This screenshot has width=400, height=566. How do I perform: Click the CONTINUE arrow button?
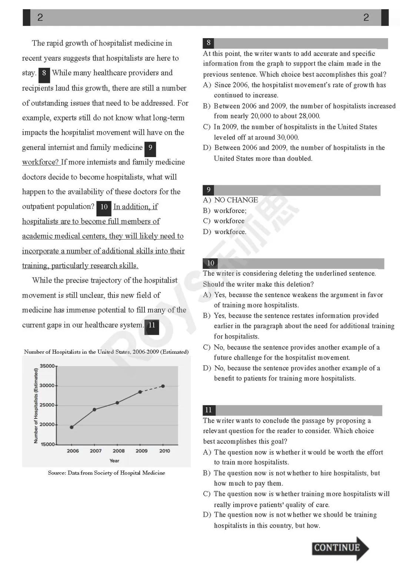340,548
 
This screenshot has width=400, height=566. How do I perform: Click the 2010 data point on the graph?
163,386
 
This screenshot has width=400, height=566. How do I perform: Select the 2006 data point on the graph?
71,427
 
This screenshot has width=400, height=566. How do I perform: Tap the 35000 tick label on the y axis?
47,366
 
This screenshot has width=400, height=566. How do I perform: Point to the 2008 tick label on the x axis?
119,451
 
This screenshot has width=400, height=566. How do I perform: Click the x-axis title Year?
114,461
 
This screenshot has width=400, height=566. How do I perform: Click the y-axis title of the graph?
36,406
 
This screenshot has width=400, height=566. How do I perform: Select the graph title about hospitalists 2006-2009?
106,352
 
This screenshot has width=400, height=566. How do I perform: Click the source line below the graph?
106,473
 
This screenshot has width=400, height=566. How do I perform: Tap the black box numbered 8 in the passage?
44,73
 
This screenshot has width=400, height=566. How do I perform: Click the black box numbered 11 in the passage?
151,326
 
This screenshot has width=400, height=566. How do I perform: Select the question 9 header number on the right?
209,190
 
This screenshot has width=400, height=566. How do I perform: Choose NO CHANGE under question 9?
236,200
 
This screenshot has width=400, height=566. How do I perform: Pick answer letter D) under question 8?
207,148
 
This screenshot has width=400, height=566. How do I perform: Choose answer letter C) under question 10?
207,347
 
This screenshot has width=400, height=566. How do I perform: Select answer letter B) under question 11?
207,473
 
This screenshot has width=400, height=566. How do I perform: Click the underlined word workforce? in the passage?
40,162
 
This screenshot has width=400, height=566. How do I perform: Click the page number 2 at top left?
40,17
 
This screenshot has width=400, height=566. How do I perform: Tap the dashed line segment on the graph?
152,389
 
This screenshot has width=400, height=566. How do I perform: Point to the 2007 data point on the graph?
94,409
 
